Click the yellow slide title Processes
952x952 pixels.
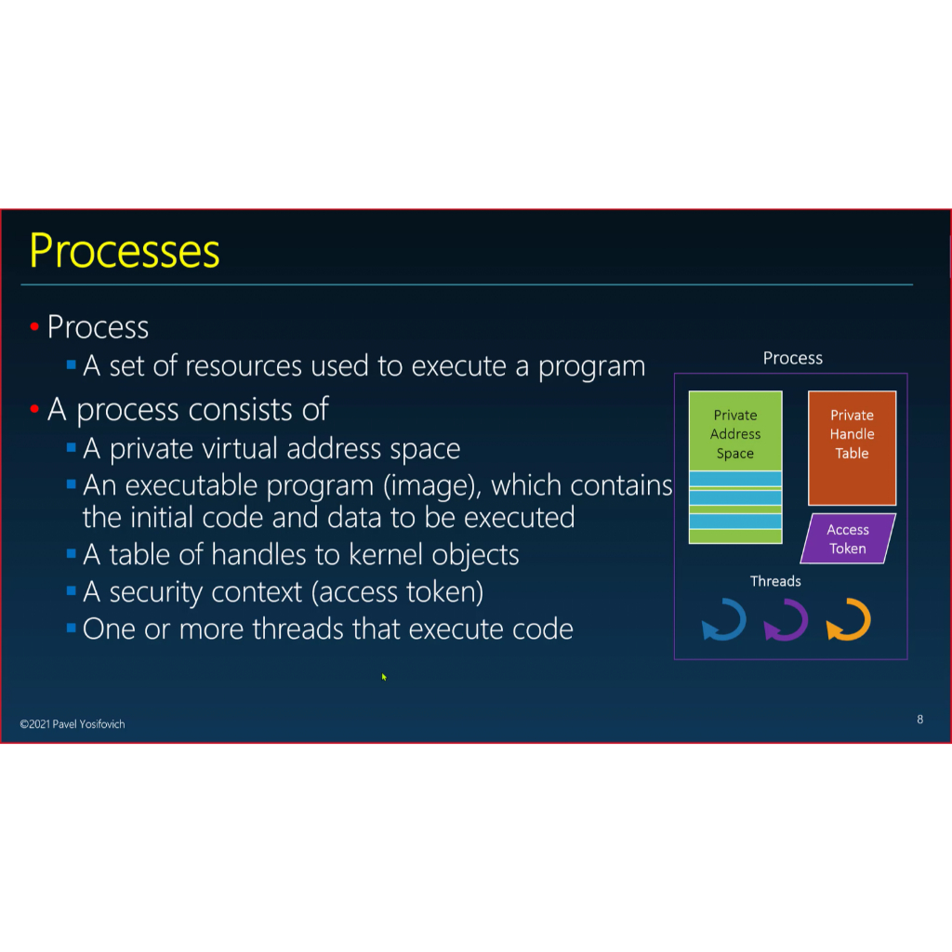click(125, 250)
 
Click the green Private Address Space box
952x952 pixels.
click(734, 433)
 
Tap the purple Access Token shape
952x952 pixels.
click(847, 538)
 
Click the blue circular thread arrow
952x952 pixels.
click(724, 620)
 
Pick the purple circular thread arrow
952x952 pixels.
click(786, 620)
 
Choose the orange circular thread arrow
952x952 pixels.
click(848, 620)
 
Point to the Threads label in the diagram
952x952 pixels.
click(775, 581)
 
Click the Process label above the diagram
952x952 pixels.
click(792, 358)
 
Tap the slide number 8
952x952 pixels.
click(919, 719)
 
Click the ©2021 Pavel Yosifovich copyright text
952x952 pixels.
click(73, 723)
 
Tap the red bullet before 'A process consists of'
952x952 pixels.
click(34, 409)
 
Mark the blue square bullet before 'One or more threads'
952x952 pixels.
click(71, 628)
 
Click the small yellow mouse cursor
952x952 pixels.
click(383, 677)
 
